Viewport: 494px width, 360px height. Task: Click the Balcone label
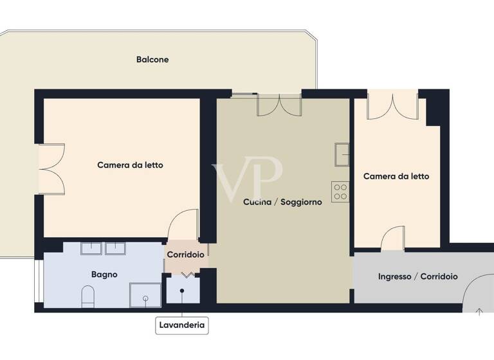pyautogui.click(x=152, y=60)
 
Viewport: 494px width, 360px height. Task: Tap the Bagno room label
pyautogui.click(x=104, y=274)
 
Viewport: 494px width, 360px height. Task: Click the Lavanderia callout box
pyautogui.click(x=182, y=325)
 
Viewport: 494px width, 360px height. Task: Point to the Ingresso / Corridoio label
pyautogui.click(x=417, y=276)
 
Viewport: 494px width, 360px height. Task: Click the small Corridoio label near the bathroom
pyautogui.click(x=185, y=255)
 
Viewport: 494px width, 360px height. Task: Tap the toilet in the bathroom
pyautogui.click(x=88, y=296)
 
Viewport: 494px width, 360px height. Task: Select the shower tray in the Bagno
pyautogui.click(x=145, y=293)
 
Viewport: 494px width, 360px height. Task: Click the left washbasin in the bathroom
pyautogui.click(x=92, y=248)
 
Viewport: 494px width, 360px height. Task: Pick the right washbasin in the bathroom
pyautogui.click(x=116, y=248)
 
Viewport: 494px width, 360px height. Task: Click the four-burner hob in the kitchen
pyautogui.click(x=340, y=192)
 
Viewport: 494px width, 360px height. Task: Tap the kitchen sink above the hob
pyautogui.click(x=341, y=154)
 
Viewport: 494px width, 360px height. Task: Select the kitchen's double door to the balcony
pyautogui.click(x=279, y=105)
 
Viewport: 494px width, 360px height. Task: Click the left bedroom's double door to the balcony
pyautogui.click(x=51, y=168)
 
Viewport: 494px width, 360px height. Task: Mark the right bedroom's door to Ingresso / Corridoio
pyautogui.click(x=393, y=239)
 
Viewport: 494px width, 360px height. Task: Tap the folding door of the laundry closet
pyautogui.click(x=187, y=275)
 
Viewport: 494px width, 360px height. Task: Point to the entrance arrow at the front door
pyautogui.click(x=479, y=312)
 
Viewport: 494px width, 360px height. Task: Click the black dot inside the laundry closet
pyautogui.click(x=182, y=291)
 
